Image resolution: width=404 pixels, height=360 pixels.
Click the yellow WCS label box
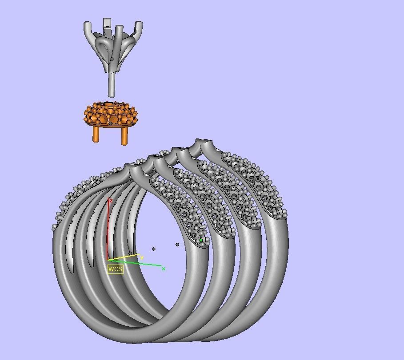click(x=115, y=269)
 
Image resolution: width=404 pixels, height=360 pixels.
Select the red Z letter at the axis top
click(x=111, y=201)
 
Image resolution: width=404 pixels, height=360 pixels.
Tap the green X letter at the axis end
click(x=164, y=269)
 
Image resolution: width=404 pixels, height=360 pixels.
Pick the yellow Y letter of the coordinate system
click(x=142, y=257)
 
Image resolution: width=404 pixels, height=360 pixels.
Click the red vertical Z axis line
click(x=108, y=231)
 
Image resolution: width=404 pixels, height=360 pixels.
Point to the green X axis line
click(x=138, y=263)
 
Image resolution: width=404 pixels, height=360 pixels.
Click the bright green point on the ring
click(x=201, y=240)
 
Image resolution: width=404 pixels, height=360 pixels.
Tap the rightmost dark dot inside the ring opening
click(x=177, y=245)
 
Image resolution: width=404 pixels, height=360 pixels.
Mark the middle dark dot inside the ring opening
click(x=154, y=249)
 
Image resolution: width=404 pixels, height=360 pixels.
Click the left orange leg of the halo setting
click(x=96, y=134)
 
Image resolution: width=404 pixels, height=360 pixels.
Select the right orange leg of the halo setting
click(x=124, y=135)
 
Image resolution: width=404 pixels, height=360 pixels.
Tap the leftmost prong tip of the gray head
click(x=86, y=24)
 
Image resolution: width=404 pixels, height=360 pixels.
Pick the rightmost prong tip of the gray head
click(x=140, y=24)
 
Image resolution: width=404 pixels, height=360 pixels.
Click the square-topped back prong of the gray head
click(x=107, y=23)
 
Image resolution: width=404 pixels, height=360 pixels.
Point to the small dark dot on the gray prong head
click(x=112, y=59)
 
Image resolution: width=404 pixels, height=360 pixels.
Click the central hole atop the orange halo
click(x=109, y=105)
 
